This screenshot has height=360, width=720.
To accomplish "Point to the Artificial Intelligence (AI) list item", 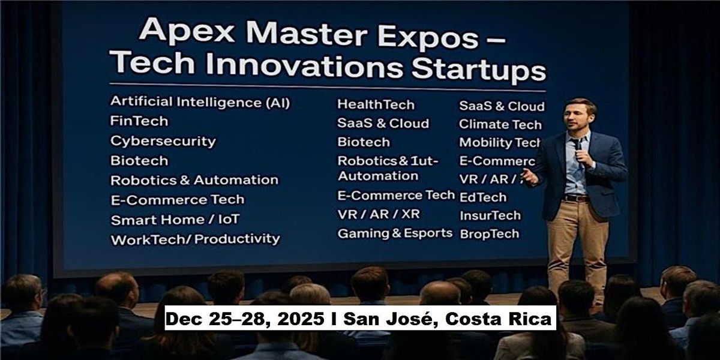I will (x=200, y=102).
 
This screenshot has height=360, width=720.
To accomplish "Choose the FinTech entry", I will (x=139, y=121).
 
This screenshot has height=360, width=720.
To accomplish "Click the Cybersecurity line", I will (x=163, y=141).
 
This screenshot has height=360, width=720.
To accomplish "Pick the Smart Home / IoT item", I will (x=175, y=220).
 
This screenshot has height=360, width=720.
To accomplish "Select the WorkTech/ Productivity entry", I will (x=195, y=239).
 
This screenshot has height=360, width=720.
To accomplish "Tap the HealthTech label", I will (x=376, y=104).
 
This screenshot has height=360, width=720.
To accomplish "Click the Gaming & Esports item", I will (x=395, y=233).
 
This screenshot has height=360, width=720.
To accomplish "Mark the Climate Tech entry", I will (x=500, y=125).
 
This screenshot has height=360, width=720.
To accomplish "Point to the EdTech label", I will (x=483, y=197).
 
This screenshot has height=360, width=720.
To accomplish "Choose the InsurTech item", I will (x=490, y=215).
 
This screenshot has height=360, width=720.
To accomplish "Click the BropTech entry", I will (x=489, y=234).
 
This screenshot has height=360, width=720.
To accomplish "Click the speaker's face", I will (x=579, y=117).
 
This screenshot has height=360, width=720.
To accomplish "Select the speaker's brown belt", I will (x=576, y=198).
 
